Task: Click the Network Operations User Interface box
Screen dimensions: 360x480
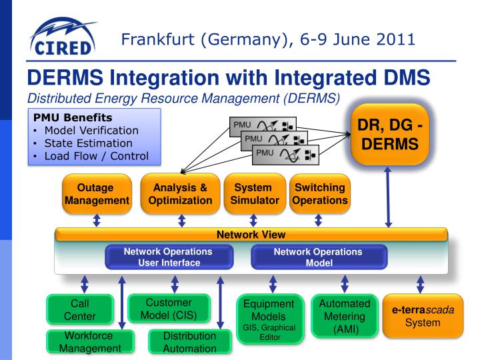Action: pyautogui.click(x=169, y=257)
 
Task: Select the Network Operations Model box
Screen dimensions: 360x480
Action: pyautogui.click(x=318, y=257)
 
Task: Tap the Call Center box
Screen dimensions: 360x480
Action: pyautogui.click(x=84, y=309)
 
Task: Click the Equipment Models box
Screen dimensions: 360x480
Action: pyautogui.click(x=270, y=319)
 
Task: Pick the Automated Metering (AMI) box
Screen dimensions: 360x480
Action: pyautogui.click(x=345, y=315)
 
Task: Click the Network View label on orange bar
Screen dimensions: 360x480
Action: pyautogui.click(x=251, y=235)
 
